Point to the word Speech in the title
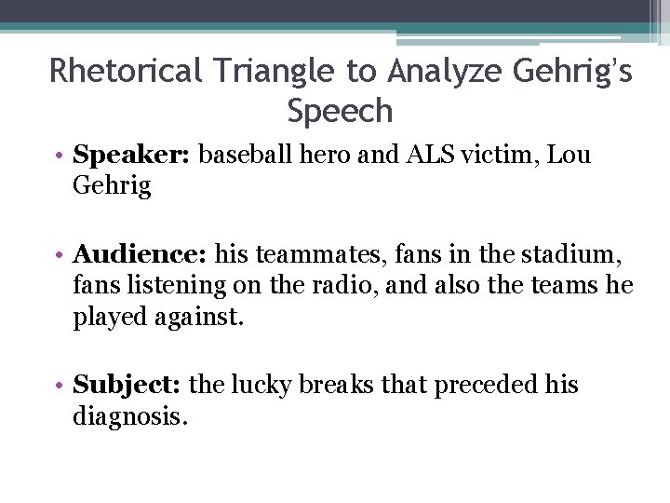341,111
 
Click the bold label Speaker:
131,155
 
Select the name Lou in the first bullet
571,155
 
